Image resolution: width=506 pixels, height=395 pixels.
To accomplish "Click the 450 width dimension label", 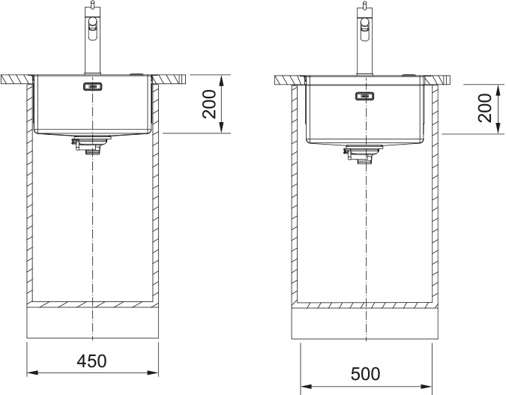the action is click(x=91, y=361).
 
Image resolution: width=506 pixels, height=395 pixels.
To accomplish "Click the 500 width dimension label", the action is click(x=365, y=374).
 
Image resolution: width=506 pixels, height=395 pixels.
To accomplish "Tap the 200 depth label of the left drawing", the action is click(x=209, y=104).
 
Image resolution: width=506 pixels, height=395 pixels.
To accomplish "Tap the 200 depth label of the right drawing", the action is click(x=485, y=108).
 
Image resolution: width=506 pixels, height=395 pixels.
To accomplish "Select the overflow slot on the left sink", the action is click(x=93, y=86).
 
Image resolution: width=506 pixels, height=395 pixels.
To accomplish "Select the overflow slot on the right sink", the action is click(x=364, y=96).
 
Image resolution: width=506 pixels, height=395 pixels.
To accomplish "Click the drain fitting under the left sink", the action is click(x=91, y=145).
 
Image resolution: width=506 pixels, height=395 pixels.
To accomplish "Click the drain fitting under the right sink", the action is click(x=364, y=154).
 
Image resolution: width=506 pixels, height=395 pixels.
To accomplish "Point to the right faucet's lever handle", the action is click(x=365, y=28).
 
